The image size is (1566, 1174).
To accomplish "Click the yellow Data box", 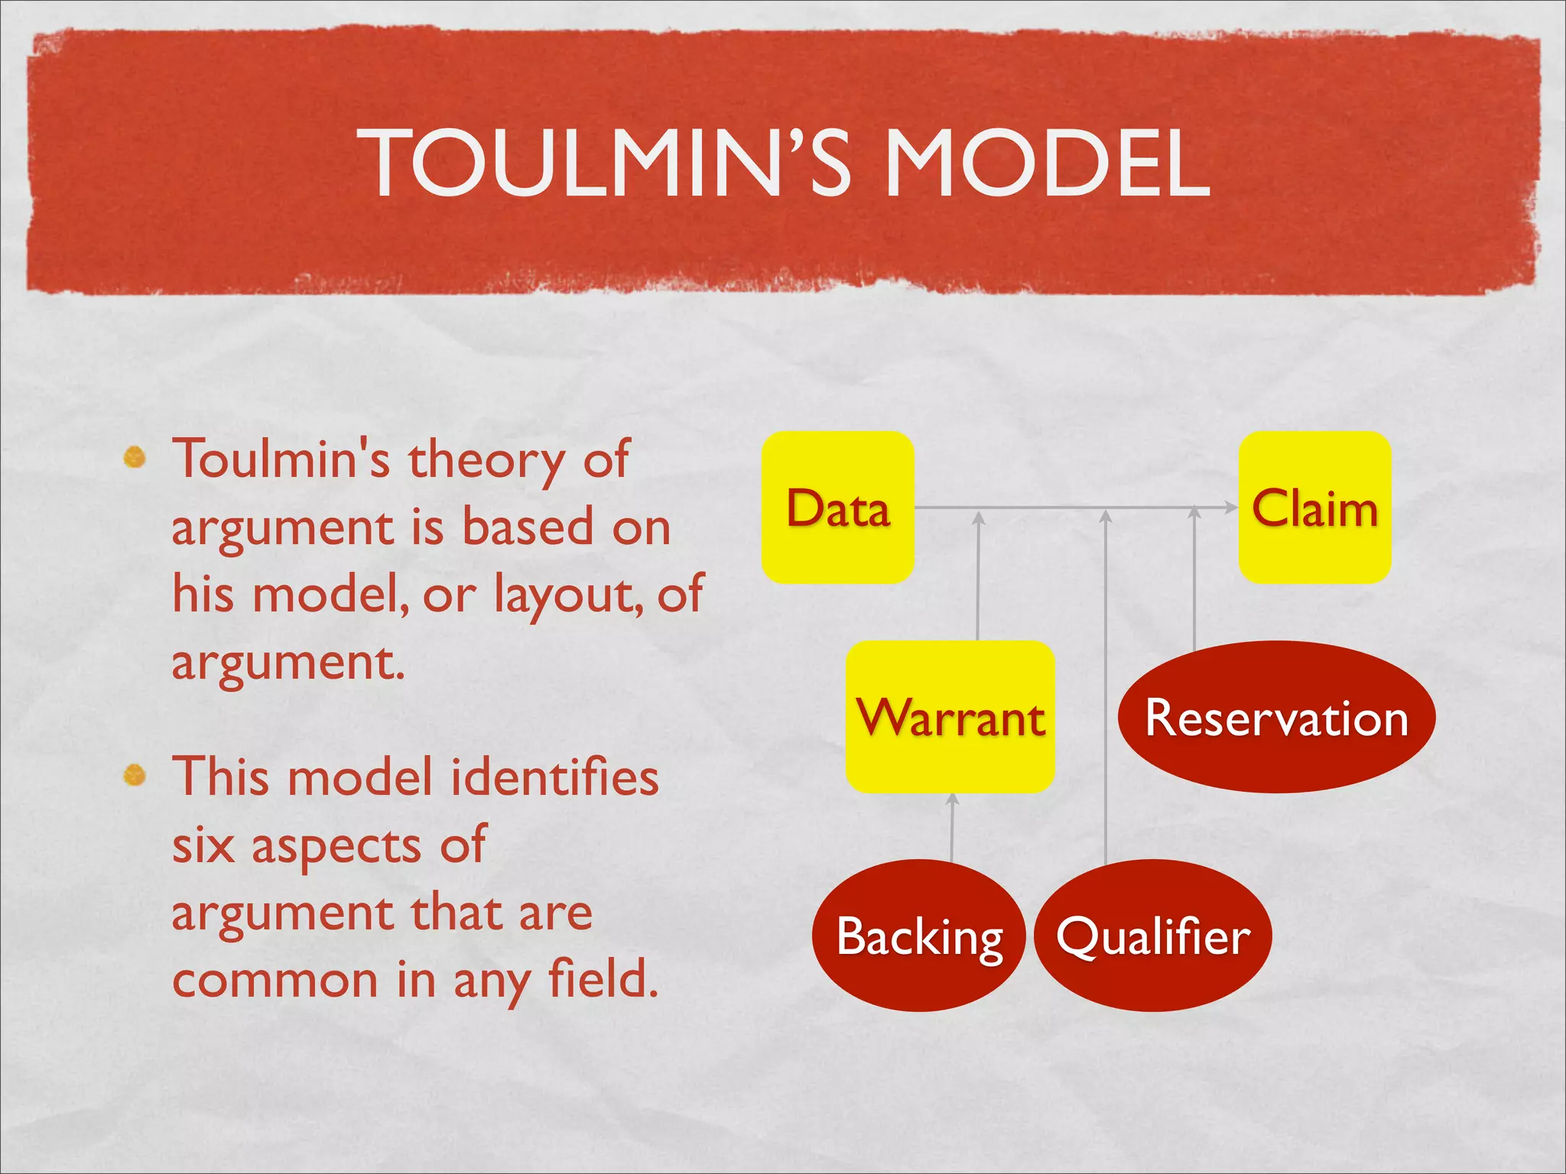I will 837,508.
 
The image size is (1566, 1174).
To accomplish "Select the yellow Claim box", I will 1314,508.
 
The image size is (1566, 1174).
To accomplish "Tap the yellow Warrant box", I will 950,717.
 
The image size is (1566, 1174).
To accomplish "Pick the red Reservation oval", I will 1276,717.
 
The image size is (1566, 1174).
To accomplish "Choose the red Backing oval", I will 918,936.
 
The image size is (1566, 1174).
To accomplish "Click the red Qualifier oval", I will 1152,936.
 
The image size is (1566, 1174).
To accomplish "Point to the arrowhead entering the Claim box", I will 1230,507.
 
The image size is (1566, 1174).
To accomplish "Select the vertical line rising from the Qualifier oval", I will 1106,688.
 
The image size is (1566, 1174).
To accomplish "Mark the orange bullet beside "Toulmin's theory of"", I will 135,457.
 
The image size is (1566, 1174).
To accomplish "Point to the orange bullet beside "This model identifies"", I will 135,775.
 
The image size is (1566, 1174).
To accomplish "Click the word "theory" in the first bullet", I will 486,461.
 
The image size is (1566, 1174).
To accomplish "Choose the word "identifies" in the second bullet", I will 554,777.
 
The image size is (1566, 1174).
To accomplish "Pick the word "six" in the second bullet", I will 203,846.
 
